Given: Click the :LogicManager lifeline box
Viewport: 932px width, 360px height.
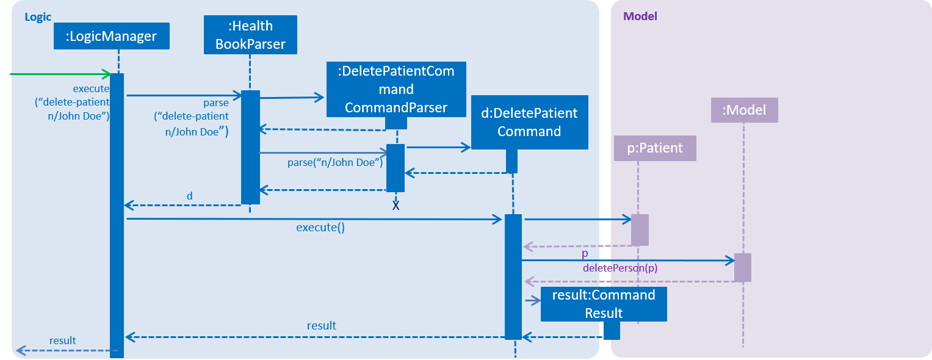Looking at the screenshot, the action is tap(112, 36).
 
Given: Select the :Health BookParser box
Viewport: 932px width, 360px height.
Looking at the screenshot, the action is tap(250, 35).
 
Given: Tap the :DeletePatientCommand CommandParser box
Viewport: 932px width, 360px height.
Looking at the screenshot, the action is tap(396, 90).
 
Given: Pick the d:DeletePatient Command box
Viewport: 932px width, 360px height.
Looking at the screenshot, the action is tap(530, 123).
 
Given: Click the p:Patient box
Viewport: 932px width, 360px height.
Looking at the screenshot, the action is tap(655, 148).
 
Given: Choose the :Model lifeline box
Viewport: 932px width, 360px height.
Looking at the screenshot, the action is tap(745, 110).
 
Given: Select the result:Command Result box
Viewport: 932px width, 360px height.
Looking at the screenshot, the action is tap(604, 304).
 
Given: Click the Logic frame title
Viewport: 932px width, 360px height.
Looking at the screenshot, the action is tap(38, 17).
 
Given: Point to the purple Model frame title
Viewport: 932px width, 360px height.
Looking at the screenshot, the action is tap(640, 16).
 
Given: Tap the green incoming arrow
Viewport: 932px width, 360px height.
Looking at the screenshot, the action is tap(61, 74).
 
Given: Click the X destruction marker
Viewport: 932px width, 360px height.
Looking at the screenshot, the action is tap(396, 206).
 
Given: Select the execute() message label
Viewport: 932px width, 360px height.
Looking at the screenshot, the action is tap(320, 228).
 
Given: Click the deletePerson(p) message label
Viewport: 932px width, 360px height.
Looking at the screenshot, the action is tap(620, 268).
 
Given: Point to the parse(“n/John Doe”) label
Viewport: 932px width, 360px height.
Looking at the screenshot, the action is tap(335, 162).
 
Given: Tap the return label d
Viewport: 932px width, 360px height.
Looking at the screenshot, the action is tap(190, 196).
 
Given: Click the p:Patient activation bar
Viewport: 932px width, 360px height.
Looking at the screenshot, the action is tap(640, 230).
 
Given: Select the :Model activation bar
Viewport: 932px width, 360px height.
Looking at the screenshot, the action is tap(743, 268).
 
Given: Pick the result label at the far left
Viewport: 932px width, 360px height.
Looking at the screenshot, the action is tap(63, 341).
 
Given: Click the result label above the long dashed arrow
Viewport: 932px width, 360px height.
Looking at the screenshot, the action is tap(322, 325).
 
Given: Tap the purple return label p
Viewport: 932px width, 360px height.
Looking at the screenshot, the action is tap(585, 253).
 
